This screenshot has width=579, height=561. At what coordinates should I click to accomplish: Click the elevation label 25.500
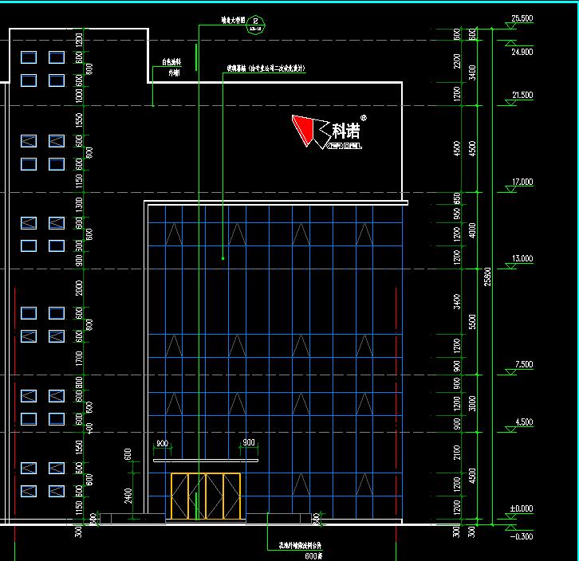click(522, 18)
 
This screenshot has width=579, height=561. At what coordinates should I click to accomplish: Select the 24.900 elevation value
click(522, 52)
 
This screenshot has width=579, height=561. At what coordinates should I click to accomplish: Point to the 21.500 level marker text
click(522, 96)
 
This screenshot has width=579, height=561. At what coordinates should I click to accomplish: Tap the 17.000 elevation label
click(522, 182)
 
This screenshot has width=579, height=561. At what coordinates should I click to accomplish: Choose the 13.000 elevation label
click(522, 259)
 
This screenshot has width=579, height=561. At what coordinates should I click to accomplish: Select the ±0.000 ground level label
click(522, 508)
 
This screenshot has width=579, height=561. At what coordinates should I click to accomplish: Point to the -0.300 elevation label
click(522, 536)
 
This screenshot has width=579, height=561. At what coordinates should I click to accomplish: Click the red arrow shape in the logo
click(302, 130)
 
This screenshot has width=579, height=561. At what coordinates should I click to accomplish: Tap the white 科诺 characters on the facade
click(345, 129)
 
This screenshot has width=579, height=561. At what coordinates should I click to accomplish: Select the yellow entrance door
click(206, 496)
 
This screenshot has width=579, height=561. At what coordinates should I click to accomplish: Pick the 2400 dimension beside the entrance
click(128, 496)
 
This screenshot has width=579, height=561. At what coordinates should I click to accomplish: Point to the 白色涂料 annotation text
click(171, 61)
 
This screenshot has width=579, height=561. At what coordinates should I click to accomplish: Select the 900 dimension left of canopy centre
click(162, 443)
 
